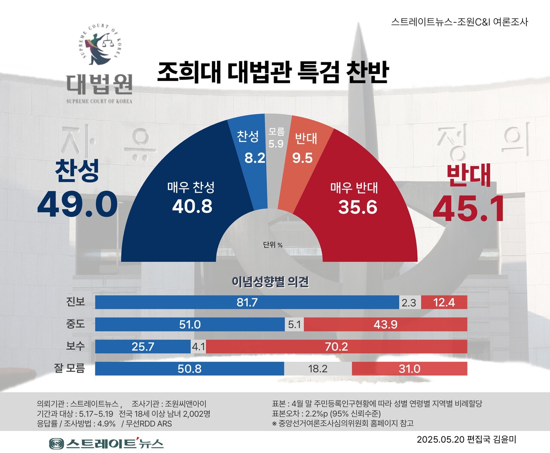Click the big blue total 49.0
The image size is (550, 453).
pyautogui.click(x=77, y=204)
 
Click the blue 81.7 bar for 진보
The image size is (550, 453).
pyautogui.click(x=247, y=302)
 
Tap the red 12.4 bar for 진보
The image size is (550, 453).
pyautogui.click(x=444, y=302)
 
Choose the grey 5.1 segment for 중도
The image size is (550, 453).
pyautogui.click(x=294, y=324)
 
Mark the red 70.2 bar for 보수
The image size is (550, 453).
pyautogui.click(x=336, y=346)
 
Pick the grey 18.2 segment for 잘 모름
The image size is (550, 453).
pyautogui.click(x=318, y=369)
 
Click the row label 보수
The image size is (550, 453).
pyautogui.click(x=75, y=346)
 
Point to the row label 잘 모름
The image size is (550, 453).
pyautogui.click(x=69, y=368)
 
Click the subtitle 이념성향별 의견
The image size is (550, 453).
pyautogui.click(x=270, y=282)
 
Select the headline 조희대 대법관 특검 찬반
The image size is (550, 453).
pyautogui.click(x=273, y=72)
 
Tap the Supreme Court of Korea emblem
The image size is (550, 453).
pyautogui.click(x=100, y=45)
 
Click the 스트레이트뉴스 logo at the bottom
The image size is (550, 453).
pyautogui.click(x=106, y=443)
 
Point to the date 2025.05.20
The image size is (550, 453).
pyautogui.click(x=441, y=440)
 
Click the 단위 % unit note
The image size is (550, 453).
pyautogui.click(x=273, y=245)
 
